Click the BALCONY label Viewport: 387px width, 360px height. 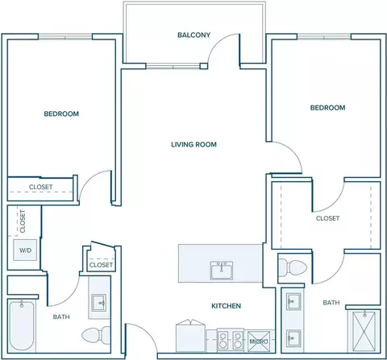coord(193,35)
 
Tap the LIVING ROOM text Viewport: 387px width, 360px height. coord(193,144)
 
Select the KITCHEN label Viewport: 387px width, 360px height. coord(226,306)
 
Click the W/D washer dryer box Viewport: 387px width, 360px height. coord(25,250)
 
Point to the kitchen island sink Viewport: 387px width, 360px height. coord(222,271)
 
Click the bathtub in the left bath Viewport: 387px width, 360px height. coord(22,325)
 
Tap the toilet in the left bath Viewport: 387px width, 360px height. coord(96,335)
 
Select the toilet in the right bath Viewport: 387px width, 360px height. coord(293,267)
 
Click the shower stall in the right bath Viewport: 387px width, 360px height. coord(364,331)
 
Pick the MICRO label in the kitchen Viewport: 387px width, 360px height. coord(259,341)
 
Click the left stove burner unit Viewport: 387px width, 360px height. coord(223,340)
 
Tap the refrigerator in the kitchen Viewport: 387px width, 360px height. coord(191,336)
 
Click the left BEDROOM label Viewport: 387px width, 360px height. coord(61,114)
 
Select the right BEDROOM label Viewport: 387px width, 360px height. coord(327,108)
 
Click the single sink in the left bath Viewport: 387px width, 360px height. coord(99,303)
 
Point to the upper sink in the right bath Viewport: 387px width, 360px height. coord(293,301)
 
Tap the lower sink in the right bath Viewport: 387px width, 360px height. coord(293,338)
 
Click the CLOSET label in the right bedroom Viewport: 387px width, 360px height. coord(327,218)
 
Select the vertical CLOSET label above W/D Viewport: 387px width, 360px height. coord(23,221)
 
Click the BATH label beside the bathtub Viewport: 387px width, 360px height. coord(61,317)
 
